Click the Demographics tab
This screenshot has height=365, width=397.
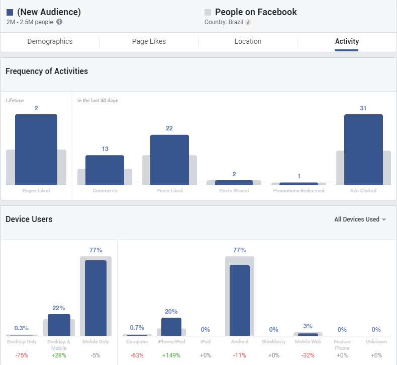point(50,42)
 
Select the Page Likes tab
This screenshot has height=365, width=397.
point(149,42)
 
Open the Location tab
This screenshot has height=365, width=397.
point(248,42)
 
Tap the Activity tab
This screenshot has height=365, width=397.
point(347,42)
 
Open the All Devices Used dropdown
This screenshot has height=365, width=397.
point(360,220)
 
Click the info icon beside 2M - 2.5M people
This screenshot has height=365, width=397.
point(59,22)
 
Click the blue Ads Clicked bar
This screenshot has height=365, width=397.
point(363,150)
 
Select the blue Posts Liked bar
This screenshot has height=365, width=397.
point(169,160)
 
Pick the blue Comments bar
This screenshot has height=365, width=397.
point(105,170)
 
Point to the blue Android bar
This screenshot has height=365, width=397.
point(240,300)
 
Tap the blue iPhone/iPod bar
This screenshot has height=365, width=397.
point(171,326)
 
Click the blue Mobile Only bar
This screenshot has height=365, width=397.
point(95,298)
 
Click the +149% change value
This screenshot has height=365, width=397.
point(171,355)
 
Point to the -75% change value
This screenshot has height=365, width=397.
point(22,355)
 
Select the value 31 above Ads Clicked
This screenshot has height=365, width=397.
point(363,108)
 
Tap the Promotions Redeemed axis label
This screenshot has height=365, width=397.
point(299,191)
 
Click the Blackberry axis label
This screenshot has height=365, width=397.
point(274,342)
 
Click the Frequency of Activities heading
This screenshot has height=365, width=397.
point(47,71)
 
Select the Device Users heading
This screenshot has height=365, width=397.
point(29,220)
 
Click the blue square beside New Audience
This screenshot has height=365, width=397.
point(10,12)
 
